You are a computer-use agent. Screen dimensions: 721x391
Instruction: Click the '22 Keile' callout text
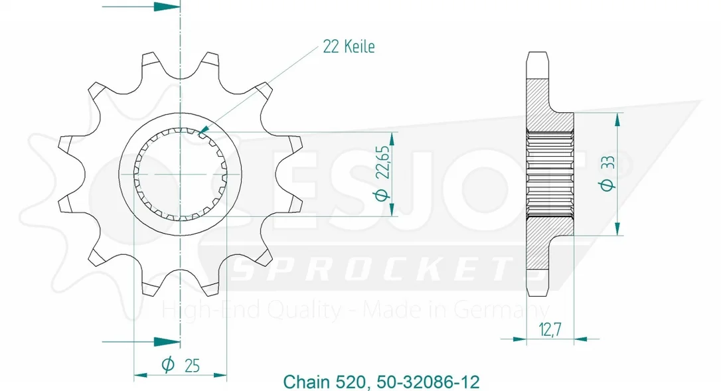[x=349, y=46]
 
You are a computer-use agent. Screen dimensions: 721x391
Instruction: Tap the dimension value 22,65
[x=382, y=162]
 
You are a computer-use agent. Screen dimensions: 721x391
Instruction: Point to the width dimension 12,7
[x=550, y=329]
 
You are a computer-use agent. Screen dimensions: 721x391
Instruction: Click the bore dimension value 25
[x=193, y=366]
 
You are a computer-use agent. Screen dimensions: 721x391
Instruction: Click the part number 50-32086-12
[x=428, y=382]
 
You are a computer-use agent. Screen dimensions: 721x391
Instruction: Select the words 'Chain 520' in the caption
[x=324, y=382]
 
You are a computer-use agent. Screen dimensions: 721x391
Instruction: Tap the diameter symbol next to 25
[x=168, y=365]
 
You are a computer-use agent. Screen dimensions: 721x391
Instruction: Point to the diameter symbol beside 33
[x=607, y=185]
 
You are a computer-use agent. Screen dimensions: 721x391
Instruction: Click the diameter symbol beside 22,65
[x=382, y=195]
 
